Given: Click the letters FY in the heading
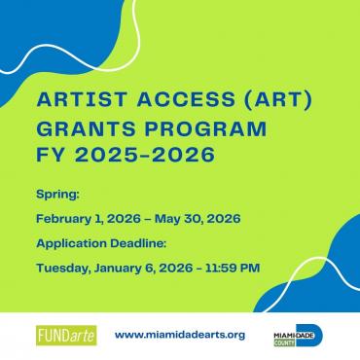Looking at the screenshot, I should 49,156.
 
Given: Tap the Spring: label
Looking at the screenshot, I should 54,195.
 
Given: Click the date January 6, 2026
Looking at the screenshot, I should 147,265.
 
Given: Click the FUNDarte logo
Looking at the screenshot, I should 63,334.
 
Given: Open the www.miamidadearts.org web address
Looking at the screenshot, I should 179,334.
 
